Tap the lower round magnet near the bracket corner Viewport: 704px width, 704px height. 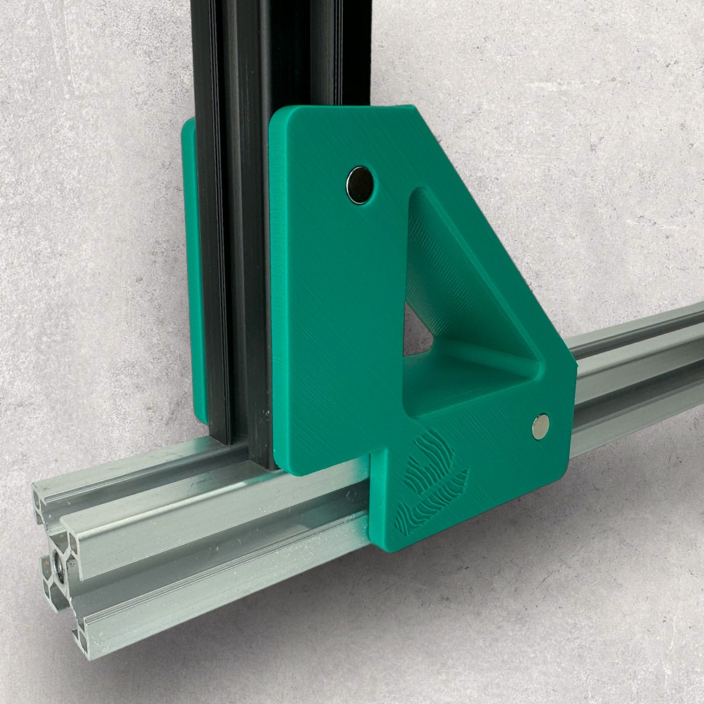(540, 426)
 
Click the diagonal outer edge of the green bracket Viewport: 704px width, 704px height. (495, 235)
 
